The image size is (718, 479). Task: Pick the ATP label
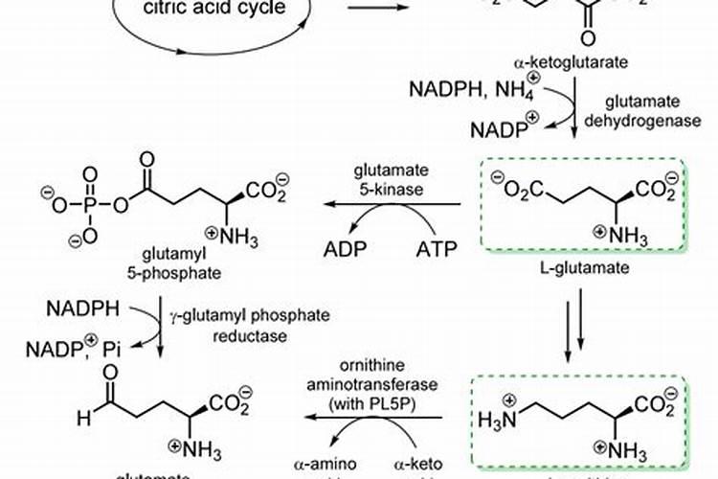pos(438,251)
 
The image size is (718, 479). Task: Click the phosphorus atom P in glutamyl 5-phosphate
pos(90,204)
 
